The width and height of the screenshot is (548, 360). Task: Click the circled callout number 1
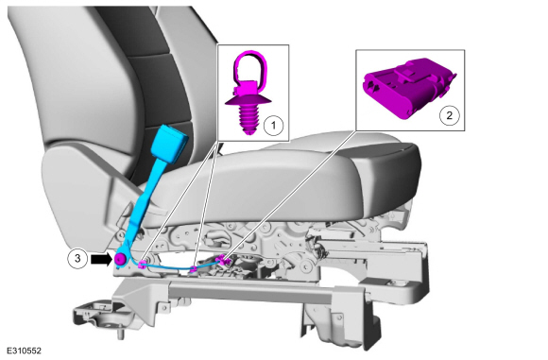pos(273,125)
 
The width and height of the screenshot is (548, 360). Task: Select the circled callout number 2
pos(449,115)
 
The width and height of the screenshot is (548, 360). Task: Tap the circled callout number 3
pos(77,259)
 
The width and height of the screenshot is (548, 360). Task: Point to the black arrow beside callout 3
pos(101,259)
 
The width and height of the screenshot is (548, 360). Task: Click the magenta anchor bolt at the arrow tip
pos(120,259)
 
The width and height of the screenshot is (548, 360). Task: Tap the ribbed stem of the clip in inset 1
pos(249,120)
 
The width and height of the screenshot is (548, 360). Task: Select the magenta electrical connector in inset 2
pos(409,89)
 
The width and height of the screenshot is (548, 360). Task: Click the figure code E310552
pos(25,351)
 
